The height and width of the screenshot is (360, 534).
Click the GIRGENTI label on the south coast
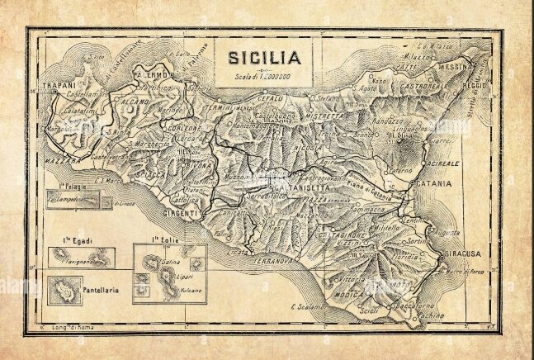pyautogui.click(x=179, y=214)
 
